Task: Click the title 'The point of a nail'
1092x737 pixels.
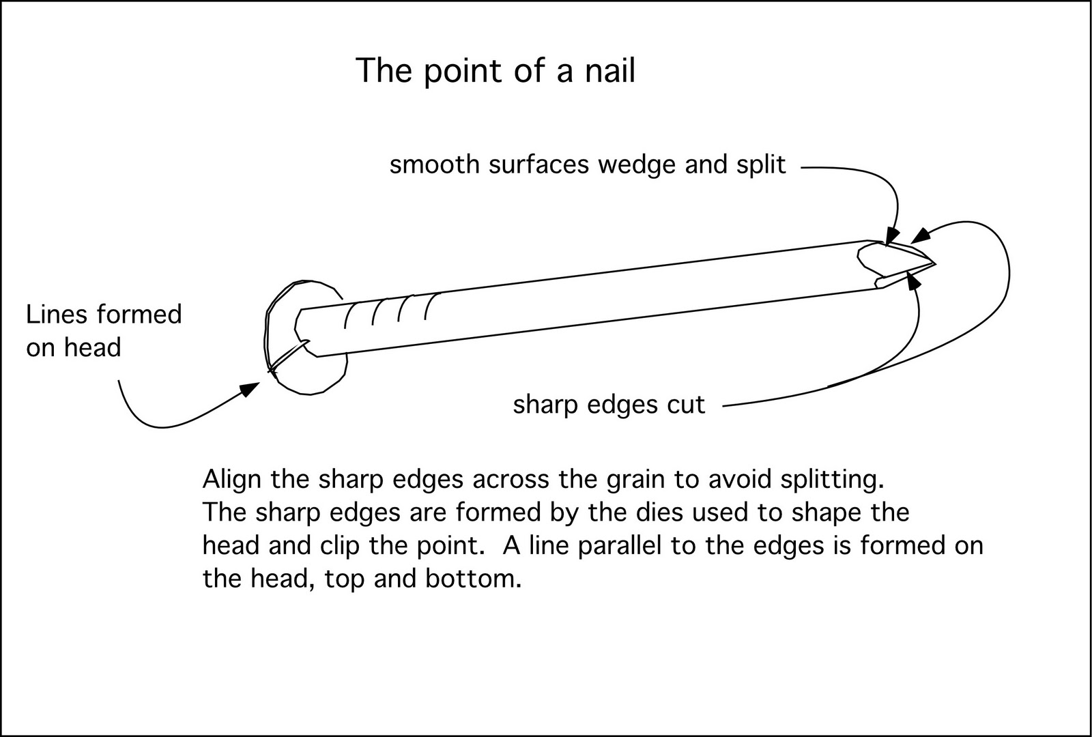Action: (495, 70)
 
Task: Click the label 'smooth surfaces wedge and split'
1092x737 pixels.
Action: (588, 164)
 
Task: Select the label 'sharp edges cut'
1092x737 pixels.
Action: (609, 405)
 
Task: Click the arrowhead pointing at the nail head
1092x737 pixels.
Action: (250, 389)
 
